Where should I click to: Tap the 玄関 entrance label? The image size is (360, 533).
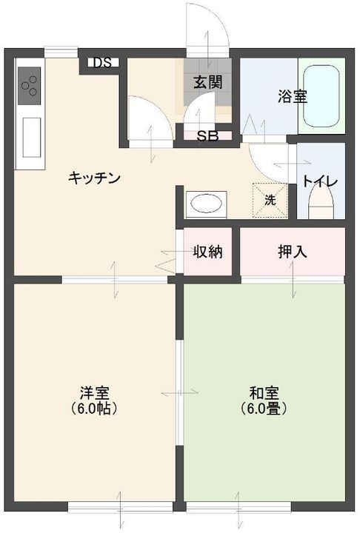point(208,82)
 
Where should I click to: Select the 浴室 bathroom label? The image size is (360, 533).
point(293,96)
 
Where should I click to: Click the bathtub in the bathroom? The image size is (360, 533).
point(321,95)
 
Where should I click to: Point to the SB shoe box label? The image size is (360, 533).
point(207,136)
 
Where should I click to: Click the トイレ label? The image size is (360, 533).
point(320,181)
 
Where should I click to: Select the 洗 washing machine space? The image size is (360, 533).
point(270,200)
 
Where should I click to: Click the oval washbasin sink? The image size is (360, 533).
point(206,204)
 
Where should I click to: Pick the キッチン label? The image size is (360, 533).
point(95,178)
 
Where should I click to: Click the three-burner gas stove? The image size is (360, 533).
point(30,86)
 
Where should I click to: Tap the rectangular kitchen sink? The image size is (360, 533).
point(32,137)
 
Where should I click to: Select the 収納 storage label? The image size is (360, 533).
point(208,252)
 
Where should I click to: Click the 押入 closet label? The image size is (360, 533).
point(293,252)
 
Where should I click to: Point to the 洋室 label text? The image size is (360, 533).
point(95,393)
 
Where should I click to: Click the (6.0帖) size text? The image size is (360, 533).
point(94,408)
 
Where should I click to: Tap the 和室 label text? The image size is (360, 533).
point(264,393)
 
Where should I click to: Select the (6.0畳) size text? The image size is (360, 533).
point(264,408)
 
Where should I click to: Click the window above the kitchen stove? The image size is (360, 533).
point(61,53)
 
